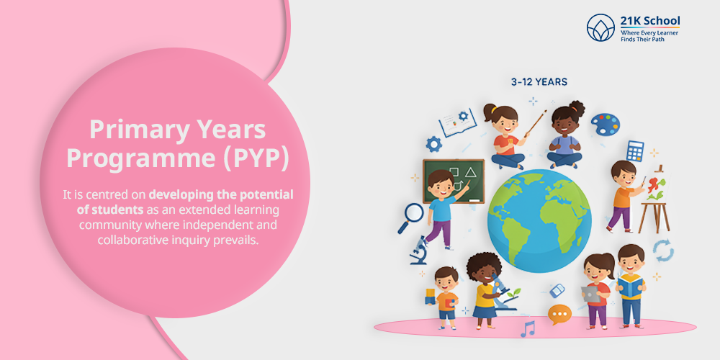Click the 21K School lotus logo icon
coord(601,28)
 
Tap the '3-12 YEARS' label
coord(539,82)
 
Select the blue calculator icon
coord(634,151)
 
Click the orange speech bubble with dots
coord(559,314)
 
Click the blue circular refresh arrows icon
coord(663,251)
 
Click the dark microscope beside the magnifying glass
coord(419,250)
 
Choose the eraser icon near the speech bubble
coord(557,290)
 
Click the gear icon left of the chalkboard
coord(433,144)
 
